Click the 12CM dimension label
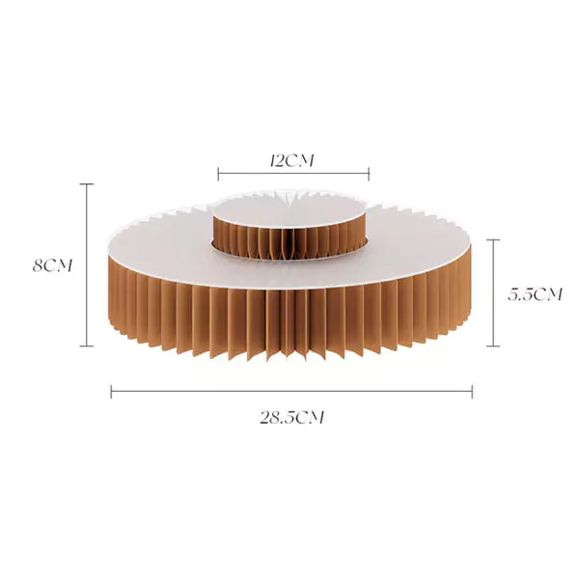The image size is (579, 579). click(292, 161)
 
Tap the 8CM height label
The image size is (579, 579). click(52, 266)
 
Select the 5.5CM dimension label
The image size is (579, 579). click(535, 294)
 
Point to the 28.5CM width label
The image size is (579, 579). click(292, 418)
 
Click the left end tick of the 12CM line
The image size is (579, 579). click(218, 174)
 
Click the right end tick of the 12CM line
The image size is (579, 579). click(369, 174)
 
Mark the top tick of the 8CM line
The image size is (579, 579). click(87, 184)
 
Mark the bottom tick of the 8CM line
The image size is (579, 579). click(87, 346)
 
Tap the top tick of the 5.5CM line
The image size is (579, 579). click(493, 239)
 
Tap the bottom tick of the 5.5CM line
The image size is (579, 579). click(493, 346)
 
